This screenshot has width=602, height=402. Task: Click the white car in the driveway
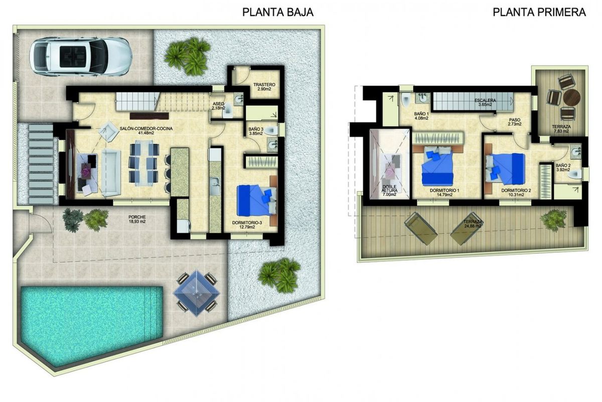(80, 56)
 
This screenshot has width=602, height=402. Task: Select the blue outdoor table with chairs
(196, 292)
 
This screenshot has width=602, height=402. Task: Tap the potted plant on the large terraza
(554, 220)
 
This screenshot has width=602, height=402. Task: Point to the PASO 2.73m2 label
(514, 122)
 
